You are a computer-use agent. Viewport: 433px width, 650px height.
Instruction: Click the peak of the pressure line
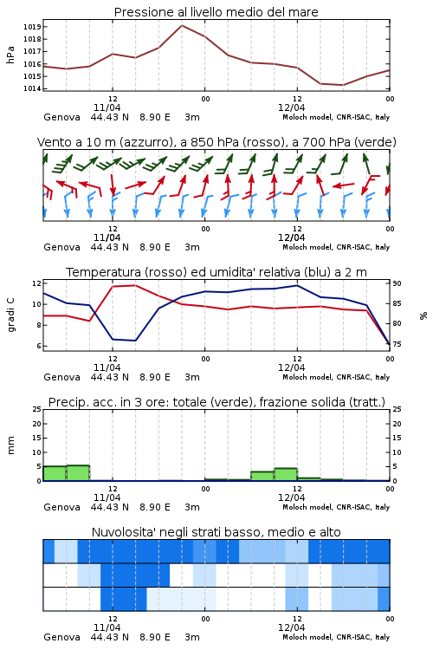coord(182,25)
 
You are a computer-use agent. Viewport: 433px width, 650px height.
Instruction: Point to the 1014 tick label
coord(32,88)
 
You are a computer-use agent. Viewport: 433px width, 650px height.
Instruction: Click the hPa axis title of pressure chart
coord(10,55)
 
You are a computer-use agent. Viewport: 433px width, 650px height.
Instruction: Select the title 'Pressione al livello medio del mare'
coord(216,12)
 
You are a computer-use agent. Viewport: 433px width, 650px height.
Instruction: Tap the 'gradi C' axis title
coord(11,315)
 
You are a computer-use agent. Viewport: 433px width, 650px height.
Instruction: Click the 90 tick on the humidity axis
coord(397,283)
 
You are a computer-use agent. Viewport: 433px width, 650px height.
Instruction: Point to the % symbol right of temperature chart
coord(423,315)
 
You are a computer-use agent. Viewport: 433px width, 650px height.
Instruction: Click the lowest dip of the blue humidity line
coord(135,341)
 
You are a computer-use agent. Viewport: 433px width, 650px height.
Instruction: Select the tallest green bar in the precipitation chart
coord(78,473)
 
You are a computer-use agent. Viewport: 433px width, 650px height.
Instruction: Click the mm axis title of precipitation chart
coord(10,445)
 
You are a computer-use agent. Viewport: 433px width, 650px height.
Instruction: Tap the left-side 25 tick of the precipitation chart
coord(37,409)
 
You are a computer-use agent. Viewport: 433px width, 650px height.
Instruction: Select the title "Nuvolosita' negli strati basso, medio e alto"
coord(216,532)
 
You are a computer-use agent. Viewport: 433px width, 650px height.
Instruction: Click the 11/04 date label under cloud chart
coord(107,627)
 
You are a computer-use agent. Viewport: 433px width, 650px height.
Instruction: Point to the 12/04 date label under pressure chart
coord(292,107)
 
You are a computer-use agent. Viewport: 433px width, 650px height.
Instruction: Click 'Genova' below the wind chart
coord(61,247)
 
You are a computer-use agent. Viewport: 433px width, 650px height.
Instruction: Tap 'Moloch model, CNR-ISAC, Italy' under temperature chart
coord(336,377)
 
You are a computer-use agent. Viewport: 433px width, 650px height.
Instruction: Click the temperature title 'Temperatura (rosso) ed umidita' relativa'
coord(183,272)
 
